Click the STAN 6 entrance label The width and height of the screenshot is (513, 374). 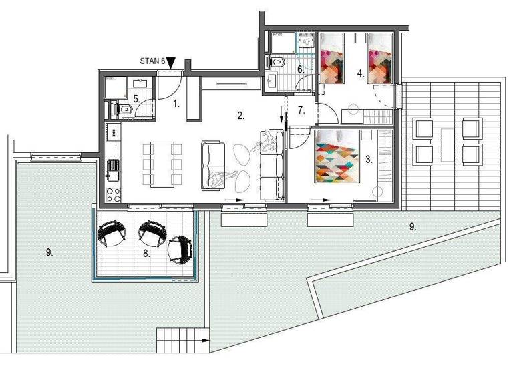pos(152,61)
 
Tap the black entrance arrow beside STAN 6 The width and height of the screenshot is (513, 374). pos(171,62)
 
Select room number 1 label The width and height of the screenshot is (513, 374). pos(176,104)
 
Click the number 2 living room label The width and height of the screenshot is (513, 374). pos(240,116)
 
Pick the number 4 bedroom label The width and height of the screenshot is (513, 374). pos(361,74)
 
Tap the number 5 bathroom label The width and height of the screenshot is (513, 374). pos(136,99)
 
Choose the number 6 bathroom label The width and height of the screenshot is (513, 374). pos(301,69)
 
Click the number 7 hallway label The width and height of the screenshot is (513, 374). pos(301,110)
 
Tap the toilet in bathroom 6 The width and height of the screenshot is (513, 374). pos(279,62)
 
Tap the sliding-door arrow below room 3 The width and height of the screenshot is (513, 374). pos(321,199)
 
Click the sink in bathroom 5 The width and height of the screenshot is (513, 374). pos(140,84)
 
